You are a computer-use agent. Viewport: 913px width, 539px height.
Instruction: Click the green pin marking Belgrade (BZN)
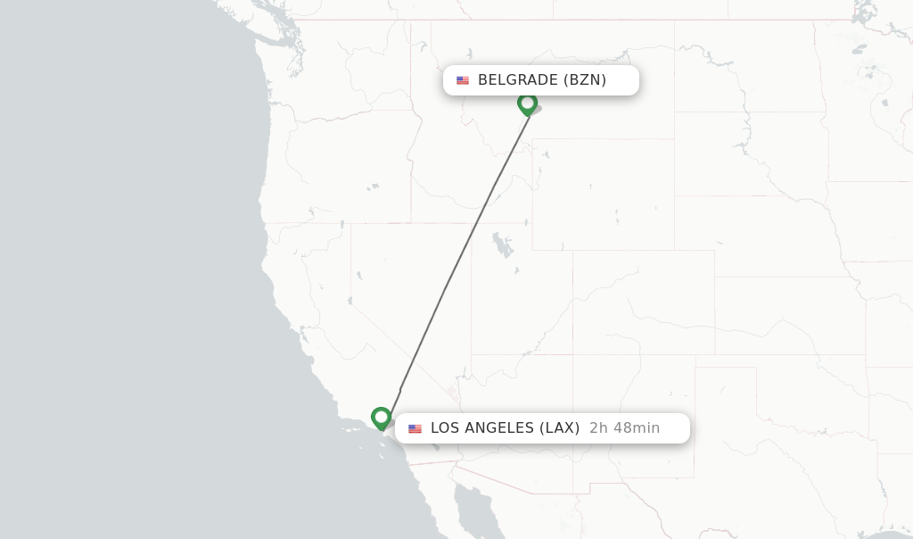pos(527,104)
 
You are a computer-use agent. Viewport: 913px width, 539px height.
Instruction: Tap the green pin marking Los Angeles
pos(381,417)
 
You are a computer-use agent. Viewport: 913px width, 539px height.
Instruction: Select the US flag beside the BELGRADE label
pos(463,80)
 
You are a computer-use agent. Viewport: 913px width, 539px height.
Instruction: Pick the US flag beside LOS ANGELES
pos(415,429)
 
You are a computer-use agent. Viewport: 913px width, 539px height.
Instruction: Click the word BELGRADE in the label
pos(518,80)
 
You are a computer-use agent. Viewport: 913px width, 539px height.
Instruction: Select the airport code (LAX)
pos(559,428)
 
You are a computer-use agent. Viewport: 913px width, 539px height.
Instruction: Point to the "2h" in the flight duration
pos(598,428)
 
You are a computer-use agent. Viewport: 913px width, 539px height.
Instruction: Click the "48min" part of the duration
pos(637,428)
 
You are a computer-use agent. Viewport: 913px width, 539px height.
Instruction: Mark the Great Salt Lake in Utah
pos(502,244)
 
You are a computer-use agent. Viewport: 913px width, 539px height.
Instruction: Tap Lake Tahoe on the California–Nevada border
pos(342,224)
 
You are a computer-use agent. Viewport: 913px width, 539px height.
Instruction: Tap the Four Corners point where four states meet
pos(572,354)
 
